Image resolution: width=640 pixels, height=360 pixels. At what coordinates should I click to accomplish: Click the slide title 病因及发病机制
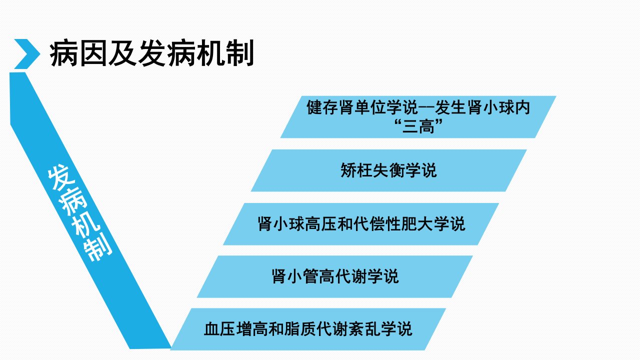tap(151, 53)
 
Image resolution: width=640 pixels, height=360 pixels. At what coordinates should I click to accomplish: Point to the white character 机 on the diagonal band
tap(85, 225)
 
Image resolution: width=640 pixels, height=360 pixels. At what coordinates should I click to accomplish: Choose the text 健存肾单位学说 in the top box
tap(362, 107)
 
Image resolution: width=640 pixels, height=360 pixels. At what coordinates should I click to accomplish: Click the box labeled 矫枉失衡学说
tap(388, 170)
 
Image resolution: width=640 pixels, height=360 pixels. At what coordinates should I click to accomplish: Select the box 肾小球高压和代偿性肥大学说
tap(361, 224)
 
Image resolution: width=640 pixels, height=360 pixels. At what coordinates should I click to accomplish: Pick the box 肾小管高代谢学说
tap(334, 276)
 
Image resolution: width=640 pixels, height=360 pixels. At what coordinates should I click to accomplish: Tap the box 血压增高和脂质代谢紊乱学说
tap(308, 329)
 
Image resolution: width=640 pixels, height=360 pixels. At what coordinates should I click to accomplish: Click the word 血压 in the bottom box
tap(219, 329)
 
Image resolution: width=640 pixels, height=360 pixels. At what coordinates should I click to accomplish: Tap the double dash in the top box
tap(426, 108)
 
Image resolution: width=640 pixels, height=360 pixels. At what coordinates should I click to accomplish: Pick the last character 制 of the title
tap(240, 53)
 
